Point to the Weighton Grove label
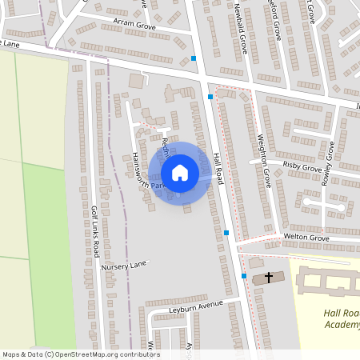coord(263,159)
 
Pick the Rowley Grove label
coord(327,164)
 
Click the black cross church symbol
coord(269,278)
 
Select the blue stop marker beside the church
coord(244,276)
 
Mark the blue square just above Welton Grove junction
coord(227,233)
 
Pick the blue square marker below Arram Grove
coord(194,58)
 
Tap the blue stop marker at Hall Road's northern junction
coord(210,97)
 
